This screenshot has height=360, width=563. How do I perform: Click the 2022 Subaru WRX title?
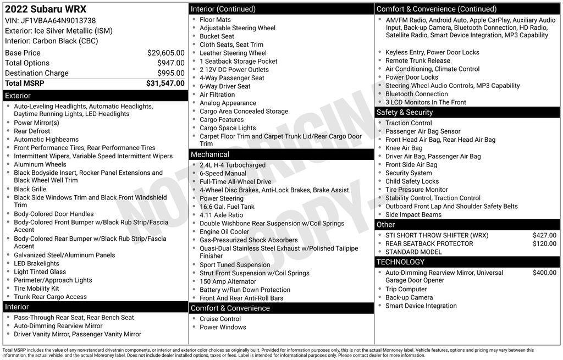tap(46, 9)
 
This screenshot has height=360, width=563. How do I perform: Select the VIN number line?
tap(50, 20)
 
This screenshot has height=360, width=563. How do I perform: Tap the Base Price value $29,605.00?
tap(165, 53)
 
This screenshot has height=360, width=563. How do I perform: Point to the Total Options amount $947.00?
tap(170, 63)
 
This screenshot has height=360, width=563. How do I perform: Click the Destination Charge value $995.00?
tap(170, 73)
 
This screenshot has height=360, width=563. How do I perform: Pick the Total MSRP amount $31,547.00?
tap(165, 84)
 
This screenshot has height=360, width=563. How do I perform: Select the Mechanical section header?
tap(210, 154)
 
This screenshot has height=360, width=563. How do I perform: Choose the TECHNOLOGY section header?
tap(400, 262)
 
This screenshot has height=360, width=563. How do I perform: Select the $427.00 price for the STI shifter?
tap(544, 235)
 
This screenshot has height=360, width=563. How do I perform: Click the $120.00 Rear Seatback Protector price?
tap(544, 243)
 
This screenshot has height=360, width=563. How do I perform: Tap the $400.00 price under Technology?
tap(544, 273)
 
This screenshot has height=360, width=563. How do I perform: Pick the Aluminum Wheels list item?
tap(40, 164)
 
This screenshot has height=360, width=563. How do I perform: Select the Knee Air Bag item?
tap(404, 148)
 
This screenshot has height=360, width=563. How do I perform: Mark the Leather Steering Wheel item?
tap(233, 53)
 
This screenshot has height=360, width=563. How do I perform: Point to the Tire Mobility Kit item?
tap(36, 289)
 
